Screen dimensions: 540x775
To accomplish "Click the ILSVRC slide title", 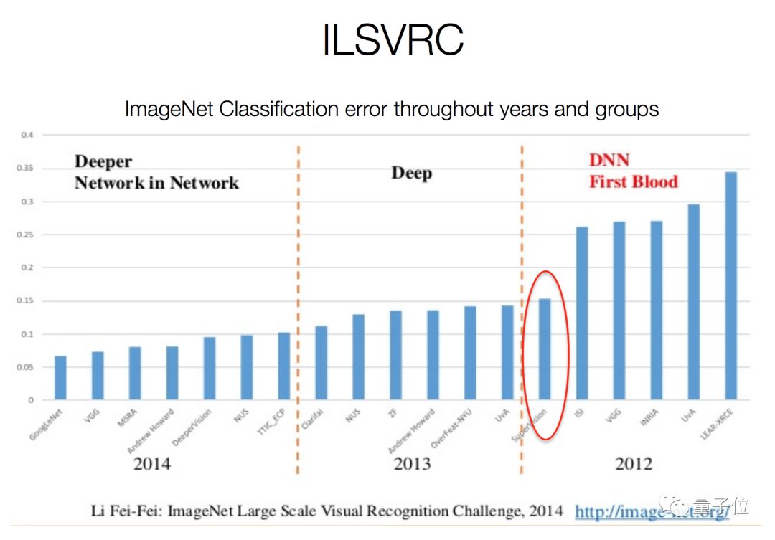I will (392, 41).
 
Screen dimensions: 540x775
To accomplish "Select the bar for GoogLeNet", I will (60, 378).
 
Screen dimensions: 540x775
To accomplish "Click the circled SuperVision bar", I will (545, 349).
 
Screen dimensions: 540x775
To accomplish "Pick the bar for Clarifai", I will (321, 363).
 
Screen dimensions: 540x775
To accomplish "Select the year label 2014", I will (152, 463).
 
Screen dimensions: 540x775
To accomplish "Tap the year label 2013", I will (412, 463).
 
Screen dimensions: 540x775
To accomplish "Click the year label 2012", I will (634, 463).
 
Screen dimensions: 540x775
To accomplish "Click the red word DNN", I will (609, 160).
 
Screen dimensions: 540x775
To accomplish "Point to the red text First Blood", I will (634, 181).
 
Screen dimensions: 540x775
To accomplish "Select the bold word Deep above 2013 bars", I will (411, 173).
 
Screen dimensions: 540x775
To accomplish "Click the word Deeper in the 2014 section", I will (103, 162).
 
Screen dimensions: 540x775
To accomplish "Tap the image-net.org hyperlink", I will (652, 511).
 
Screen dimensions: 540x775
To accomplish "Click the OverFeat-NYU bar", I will (471, 353).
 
